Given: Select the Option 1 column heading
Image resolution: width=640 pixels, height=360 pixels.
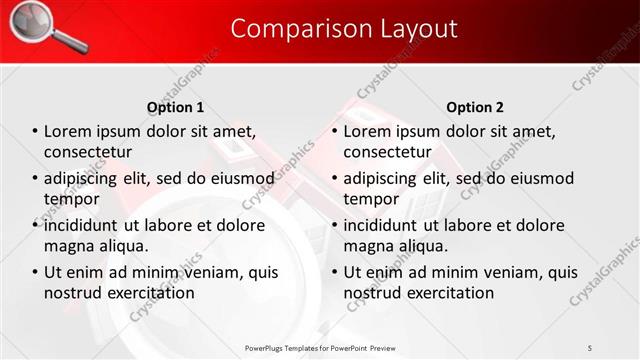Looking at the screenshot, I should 175,107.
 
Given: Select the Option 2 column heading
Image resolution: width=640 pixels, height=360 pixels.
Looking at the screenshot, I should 475,107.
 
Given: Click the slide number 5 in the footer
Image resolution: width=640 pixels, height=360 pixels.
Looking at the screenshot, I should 590,347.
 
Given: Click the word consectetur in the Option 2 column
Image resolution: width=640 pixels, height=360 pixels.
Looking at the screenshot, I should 389,152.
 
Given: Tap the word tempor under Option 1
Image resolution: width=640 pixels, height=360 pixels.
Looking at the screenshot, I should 71,199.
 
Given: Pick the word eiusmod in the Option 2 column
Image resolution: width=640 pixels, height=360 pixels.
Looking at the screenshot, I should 542,179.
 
